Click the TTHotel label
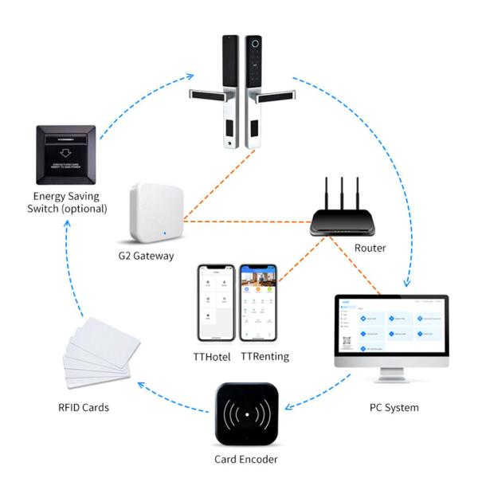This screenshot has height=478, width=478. pos(213,356)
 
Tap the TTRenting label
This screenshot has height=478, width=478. pos(264,356)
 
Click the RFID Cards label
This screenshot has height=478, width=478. pos(84,408)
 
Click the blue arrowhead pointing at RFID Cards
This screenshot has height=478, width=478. pos(141,386)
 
